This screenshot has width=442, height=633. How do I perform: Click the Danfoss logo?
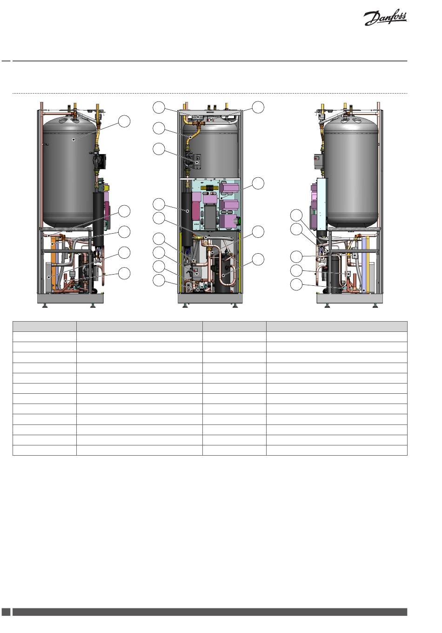385,19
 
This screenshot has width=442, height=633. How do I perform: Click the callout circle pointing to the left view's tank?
124,121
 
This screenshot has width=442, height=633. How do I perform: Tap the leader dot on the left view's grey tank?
73,139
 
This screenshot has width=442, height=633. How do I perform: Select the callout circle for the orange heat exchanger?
124,232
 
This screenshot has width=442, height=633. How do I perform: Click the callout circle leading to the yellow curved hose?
159,128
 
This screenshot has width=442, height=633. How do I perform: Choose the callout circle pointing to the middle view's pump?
159,149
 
